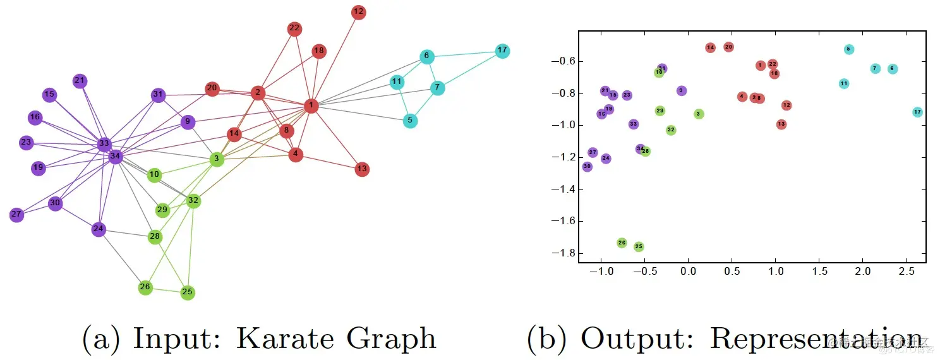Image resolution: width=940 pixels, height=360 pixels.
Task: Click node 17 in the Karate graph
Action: (x=502, y=51)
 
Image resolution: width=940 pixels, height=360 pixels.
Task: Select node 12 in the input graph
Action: (x=359, y=12)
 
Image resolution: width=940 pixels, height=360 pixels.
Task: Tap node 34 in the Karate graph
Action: (x=115, y=156)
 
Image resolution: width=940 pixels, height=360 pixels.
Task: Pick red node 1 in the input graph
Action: (x=311, y=105)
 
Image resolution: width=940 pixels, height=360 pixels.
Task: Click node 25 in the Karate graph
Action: (x=187, y=292)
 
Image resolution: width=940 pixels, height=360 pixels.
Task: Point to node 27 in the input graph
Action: (x=16, y=215)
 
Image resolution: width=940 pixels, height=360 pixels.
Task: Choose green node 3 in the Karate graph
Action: (x=217, y=159)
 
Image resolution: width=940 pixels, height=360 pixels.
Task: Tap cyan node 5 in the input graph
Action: (x=410, y=121)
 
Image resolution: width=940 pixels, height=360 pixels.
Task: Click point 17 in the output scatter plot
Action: (x=917, y=112)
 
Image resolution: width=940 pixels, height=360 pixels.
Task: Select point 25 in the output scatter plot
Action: (x=639, y=246)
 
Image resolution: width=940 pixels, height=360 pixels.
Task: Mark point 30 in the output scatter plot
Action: (x=587, y=167)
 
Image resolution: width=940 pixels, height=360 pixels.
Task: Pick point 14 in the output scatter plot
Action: (x=710, y=47)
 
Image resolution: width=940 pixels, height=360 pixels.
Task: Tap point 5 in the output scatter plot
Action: (x=848, y=49)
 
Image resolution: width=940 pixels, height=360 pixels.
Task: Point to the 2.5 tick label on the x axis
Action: (x=907, y=271)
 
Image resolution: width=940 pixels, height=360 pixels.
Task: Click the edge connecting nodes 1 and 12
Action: (x=335, y=59)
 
